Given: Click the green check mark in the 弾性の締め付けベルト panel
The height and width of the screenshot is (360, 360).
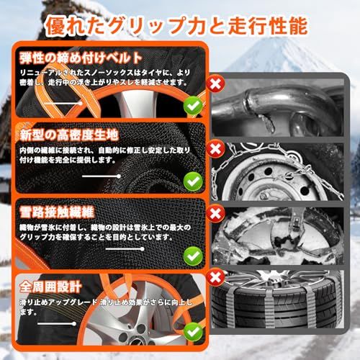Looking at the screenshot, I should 192,106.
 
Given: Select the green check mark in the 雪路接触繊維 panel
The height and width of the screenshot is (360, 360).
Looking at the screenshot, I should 192,255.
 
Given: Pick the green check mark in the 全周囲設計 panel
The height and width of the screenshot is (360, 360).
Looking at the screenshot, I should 192,332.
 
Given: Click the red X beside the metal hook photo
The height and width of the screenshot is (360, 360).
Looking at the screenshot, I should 213,84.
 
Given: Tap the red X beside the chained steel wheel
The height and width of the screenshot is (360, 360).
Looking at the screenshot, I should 213,149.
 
